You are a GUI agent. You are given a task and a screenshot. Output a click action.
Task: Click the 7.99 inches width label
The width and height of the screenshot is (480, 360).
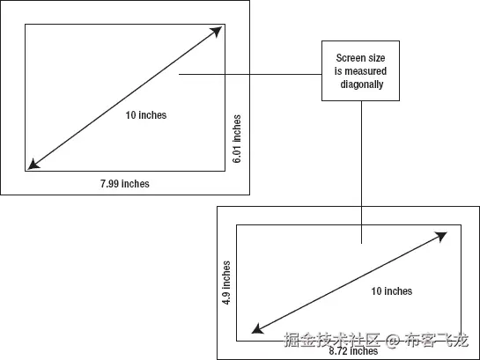click(x=125, y=183)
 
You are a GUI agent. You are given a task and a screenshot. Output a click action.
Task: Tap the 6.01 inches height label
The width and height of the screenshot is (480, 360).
click(x=237, y=139)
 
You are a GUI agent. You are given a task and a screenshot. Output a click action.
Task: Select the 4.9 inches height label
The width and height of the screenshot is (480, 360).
click(x=226, y=283)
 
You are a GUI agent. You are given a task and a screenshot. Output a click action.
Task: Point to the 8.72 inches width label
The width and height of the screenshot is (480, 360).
click(x=353, y=351)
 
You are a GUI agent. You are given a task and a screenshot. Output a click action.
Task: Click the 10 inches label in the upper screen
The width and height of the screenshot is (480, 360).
click(x=146, y=115)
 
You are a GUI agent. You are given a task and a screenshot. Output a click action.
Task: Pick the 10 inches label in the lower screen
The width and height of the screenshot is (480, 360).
click(x=392, y=290)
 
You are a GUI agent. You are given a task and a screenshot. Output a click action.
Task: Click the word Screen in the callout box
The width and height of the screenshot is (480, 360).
click(x=349, y=58)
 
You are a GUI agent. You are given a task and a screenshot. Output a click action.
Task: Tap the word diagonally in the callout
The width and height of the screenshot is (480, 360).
click(x=362, y=84)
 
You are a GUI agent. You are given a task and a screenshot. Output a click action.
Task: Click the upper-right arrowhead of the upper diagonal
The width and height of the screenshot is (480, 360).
click(x=218, y=31)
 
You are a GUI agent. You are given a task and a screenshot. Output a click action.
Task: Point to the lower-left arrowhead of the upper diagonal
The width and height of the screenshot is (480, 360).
click(x=33, y=165)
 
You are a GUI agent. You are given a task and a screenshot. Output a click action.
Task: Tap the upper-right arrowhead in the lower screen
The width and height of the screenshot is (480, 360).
click(x=442, y=236)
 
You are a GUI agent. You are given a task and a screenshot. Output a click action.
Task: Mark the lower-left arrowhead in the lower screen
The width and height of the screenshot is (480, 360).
click(x=256, y=329)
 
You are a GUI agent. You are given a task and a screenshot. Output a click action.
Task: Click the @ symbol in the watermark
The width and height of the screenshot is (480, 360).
click(x=393, y=340)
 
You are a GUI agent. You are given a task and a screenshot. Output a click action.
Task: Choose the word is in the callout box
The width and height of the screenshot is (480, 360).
click(x=337, y=71)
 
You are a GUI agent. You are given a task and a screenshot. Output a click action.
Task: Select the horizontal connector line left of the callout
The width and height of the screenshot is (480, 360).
click(x=250, y=74)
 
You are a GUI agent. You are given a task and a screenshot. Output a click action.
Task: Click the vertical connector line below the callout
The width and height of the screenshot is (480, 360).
click(x=361, y=172)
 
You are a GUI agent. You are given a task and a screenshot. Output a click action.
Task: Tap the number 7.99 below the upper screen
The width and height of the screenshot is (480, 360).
click(x=109, y=183)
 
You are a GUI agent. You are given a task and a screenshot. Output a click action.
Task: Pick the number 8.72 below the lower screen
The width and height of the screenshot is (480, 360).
click(x=338, y=351)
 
